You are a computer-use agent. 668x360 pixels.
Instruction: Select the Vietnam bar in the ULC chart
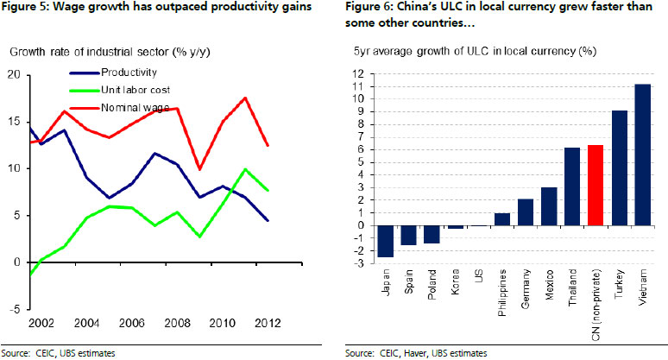tap(641, 155)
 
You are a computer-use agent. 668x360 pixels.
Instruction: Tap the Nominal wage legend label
tap(133, 107)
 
